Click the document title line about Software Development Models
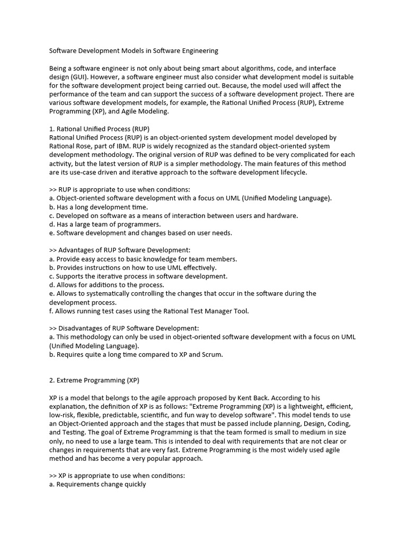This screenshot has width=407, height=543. click(x=134, y=51)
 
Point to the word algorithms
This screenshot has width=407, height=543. click(x=231, y=68)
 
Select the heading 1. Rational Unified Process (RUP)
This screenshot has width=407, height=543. click(x=99, y=129)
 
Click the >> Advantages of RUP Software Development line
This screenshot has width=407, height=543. click(x=119, y=250)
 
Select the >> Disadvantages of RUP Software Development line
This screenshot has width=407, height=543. click(x=124, y=328)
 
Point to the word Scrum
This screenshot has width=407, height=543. click(x=212, y=354)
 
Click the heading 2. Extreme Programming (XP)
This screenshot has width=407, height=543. click(x=94, y=380)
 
